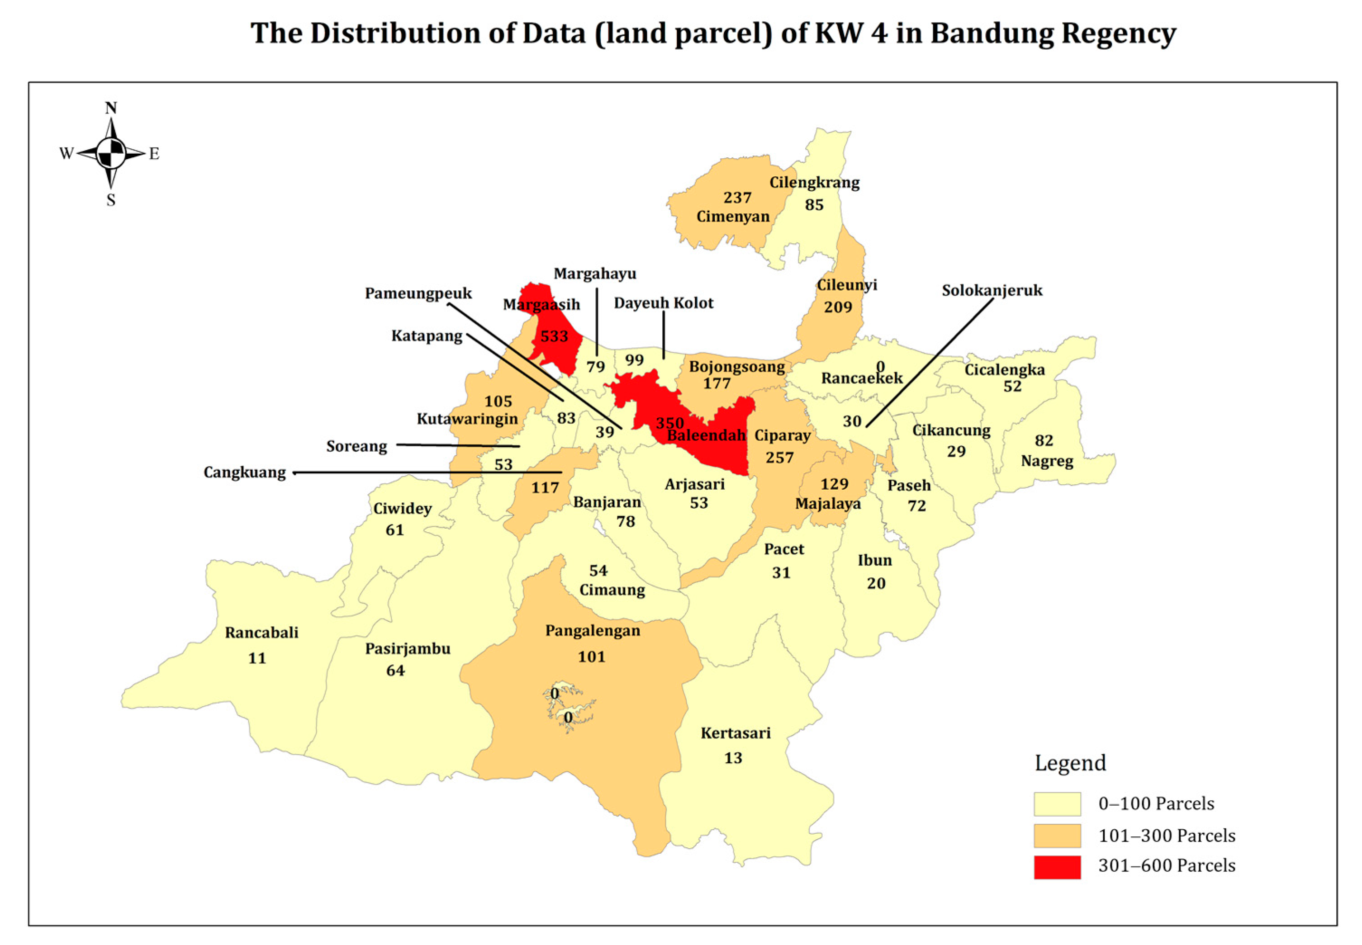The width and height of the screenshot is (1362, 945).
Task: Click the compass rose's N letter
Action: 111,108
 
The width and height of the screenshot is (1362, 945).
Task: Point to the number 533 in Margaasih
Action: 554,336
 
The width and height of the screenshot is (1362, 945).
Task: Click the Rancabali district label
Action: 261,633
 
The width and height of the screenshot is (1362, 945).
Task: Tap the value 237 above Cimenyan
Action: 737,197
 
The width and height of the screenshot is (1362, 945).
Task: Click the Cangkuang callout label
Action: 245,472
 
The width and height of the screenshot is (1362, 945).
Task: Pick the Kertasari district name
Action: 736,733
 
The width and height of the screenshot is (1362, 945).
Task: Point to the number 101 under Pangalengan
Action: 591,657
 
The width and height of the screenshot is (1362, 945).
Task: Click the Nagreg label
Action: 1046,461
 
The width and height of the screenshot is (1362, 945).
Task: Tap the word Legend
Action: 1069,763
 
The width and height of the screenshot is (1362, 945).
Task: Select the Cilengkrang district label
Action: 814,182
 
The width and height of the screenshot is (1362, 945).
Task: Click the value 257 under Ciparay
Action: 779,458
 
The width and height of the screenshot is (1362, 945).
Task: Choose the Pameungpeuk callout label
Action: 418,293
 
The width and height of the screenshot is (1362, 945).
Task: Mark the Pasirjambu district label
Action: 408,648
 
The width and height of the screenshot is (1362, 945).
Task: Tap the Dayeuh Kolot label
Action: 663,303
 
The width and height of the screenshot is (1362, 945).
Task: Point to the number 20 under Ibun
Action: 876,583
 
